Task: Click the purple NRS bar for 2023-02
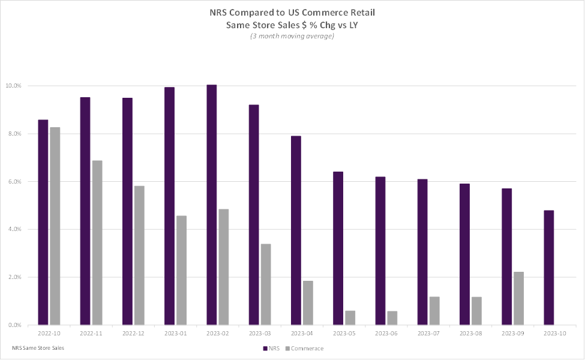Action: click(211, 205)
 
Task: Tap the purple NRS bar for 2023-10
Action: click(548, 268)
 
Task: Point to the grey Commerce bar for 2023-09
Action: click(518, 298)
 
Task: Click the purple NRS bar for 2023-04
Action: click(296, 230)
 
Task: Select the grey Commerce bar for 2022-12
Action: click(139, 255)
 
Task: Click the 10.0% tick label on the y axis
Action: click(14, 86)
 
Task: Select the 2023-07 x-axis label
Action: click(428, 334)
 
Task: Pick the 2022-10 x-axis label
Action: click(48, 334)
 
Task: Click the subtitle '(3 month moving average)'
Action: click(292, 36)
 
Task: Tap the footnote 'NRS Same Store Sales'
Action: click(38, 348)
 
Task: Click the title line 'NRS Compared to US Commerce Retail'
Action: click(292, 13)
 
